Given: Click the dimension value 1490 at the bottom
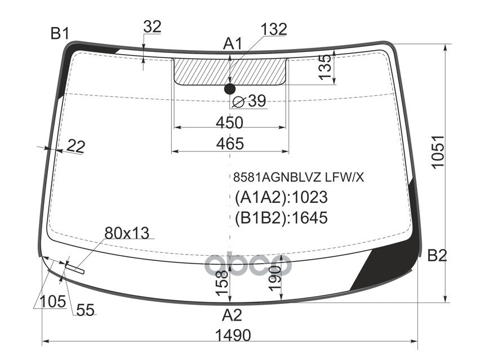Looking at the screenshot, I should click(x=232, y=335).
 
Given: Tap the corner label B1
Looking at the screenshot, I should click(x=59, y=34).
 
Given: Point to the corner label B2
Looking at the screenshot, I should click(x=437, y=256).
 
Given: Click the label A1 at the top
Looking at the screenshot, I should click(x=232, y=43).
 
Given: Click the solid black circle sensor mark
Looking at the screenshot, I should click(x=229, y=88).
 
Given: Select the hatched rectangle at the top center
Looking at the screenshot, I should click(x=230, y=70).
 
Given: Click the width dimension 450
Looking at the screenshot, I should click(x=229, y=122).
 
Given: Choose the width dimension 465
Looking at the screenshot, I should click(x=230, y=144).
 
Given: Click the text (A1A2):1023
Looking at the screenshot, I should click(x=281, y=198).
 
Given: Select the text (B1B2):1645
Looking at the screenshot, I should click(x=281, y=217).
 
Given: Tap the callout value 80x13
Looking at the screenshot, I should click(x=127, y=233).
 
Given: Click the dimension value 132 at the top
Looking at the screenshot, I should click(x=274, y=29).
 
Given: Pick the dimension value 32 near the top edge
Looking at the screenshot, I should click(x=152, y=26).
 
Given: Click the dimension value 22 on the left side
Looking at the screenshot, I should click(x=75, y=146).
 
